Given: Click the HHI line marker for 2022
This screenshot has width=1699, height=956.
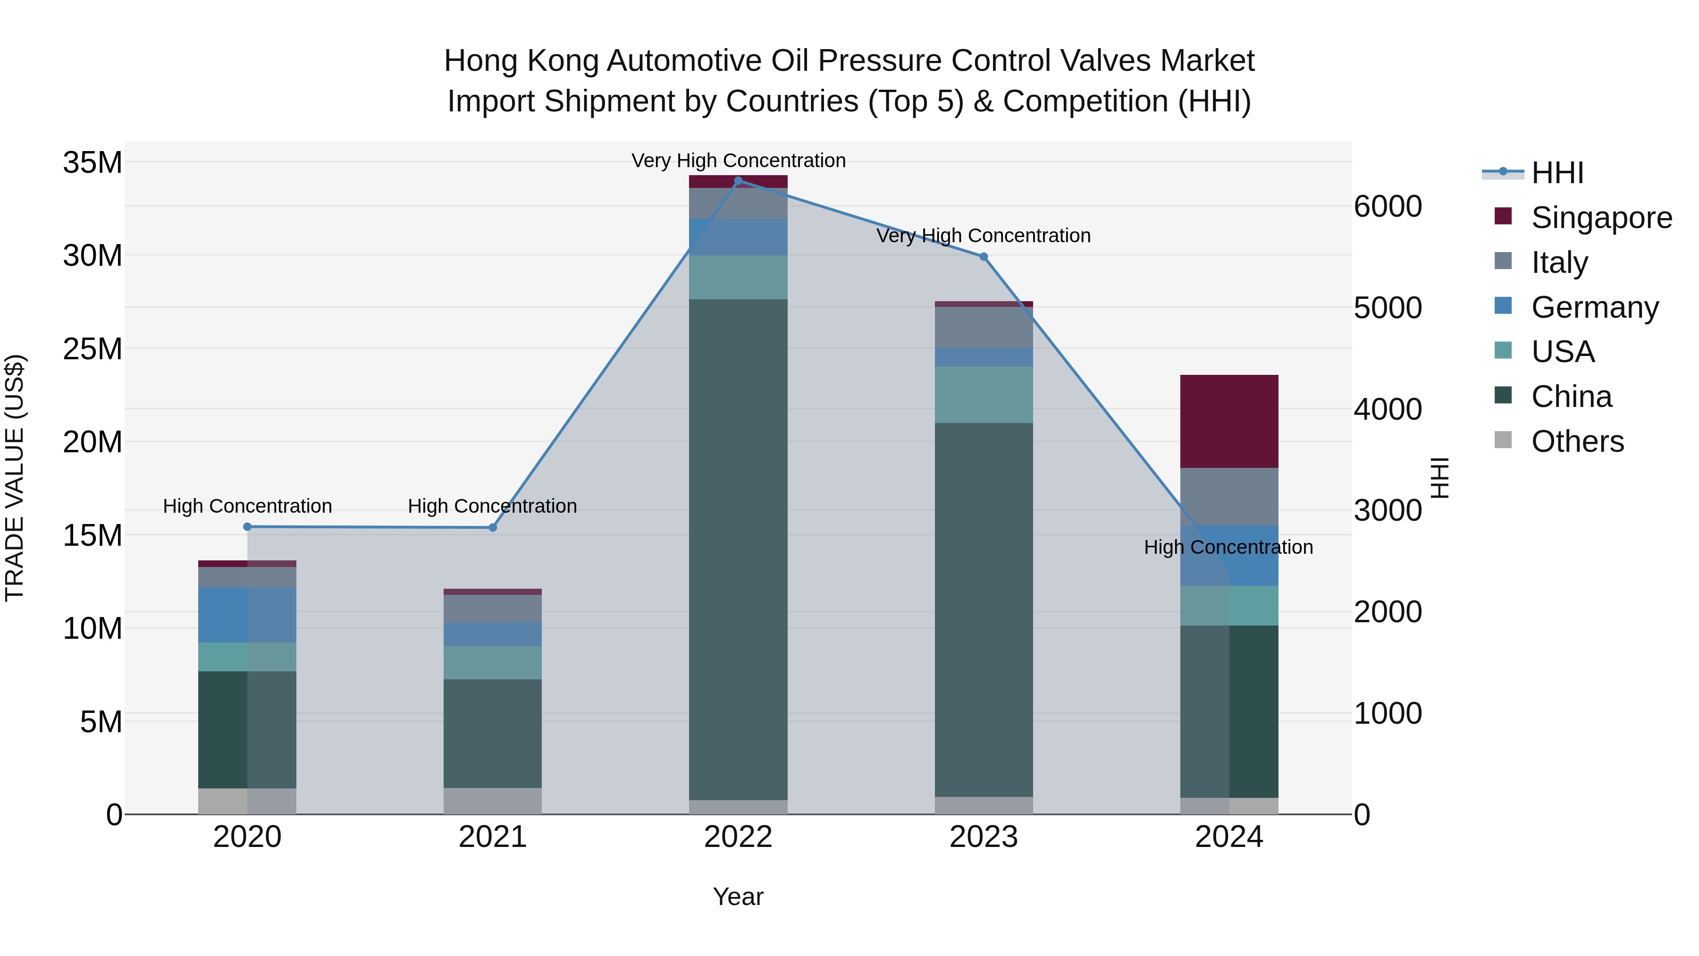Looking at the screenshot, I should pyautogui.click(x=738, y=181).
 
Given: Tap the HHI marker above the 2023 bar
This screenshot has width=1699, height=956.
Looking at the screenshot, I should pyautogui.click(x=984, y=257).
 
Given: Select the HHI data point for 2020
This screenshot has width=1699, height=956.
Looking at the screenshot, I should pyautogui.click(x=247, y=526).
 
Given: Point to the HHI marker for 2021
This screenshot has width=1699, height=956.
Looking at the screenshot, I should pyautogui.click(x=493, y=527).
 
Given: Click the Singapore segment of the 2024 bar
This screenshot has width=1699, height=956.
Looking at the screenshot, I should pyautogui.click(x=1229, y=422).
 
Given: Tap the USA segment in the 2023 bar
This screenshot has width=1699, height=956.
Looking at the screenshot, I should pyautogui.click(x=984, y=395).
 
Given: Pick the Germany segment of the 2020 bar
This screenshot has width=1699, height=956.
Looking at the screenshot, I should pyautogui.click(x=247, y=615).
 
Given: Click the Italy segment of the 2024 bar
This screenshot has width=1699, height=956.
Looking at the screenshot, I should pyautogui.click(x=1229, y=496).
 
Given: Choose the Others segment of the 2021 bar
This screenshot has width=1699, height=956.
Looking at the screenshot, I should pyautogui.click(x=493, y=801).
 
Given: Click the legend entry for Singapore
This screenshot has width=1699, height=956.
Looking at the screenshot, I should pyautogui.click(x=1601, y=218).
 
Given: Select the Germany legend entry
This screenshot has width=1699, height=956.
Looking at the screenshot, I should pyautogui.click(x=1594, y=307).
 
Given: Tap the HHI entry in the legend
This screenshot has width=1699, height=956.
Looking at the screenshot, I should pyautogui.click(x=1556, y=173).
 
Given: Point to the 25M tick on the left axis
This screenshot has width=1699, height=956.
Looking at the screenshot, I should pyautogui.click(x=93, y=348).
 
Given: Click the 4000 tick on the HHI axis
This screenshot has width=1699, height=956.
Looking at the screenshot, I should pyautogui.click(x=1388, y=409).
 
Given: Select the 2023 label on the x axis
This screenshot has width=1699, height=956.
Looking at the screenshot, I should pyautogui.click(x=984, y=837).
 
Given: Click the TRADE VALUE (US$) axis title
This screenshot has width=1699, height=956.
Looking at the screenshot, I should pyautogui.click(x=15, y=478).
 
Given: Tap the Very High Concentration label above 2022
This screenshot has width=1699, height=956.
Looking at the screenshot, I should pyautogui.click(x=738, y=161).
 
